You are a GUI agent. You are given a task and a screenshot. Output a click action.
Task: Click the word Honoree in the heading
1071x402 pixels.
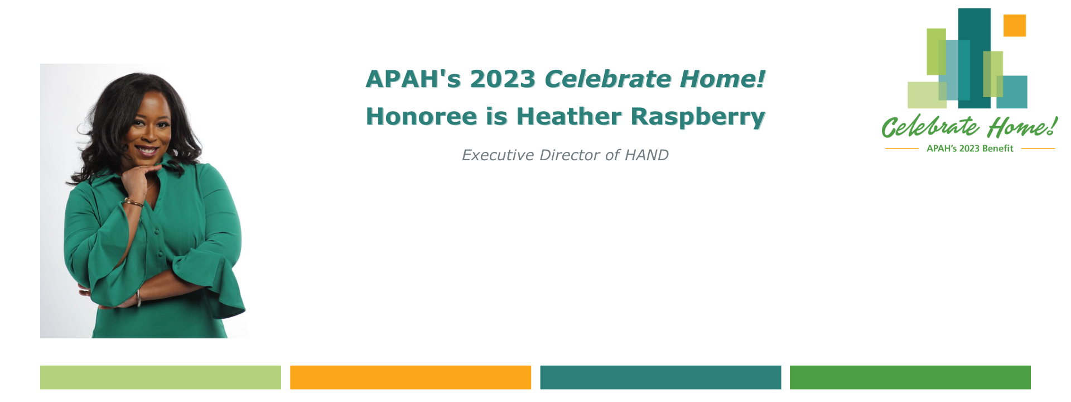click(x=422, y=116)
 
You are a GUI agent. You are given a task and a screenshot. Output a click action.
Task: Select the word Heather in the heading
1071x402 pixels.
click(x=569, y=116)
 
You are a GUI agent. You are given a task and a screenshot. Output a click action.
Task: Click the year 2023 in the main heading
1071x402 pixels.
click(x=503, y=79)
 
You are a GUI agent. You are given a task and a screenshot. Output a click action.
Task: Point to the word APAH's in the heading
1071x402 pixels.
click(x=413, y=79)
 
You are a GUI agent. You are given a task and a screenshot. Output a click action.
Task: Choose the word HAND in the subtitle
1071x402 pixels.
click(x=647, y=155)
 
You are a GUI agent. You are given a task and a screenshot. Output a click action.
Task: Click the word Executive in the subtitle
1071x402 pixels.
click(x=498, y=155)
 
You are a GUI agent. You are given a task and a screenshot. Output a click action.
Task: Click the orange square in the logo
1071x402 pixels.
click(x=1015, y=26)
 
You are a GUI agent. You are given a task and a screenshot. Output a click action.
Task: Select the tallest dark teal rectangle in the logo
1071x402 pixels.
click(x=974, y=58)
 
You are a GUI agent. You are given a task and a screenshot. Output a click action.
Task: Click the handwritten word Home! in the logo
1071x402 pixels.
click(x=1022, y=127)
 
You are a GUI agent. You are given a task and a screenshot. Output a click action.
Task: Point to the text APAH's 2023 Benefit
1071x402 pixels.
click(x=970, y=149)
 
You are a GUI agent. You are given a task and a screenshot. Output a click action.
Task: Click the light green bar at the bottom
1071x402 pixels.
click(x=161, y=377)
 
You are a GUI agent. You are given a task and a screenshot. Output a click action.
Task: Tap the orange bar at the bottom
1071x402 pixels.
click(x=411, y=377)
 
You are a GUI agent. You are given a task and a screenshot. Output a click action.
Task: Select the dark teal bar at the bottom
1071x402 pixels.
click(x=660, y=377)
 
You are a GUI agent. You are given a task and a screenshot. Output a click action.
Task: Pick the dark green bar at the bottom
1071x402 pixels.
click(x=910, y=377)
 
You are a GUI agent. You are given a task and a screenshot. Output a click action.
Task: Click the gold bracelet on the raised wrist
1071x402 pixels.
click(x=133, y=202)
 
